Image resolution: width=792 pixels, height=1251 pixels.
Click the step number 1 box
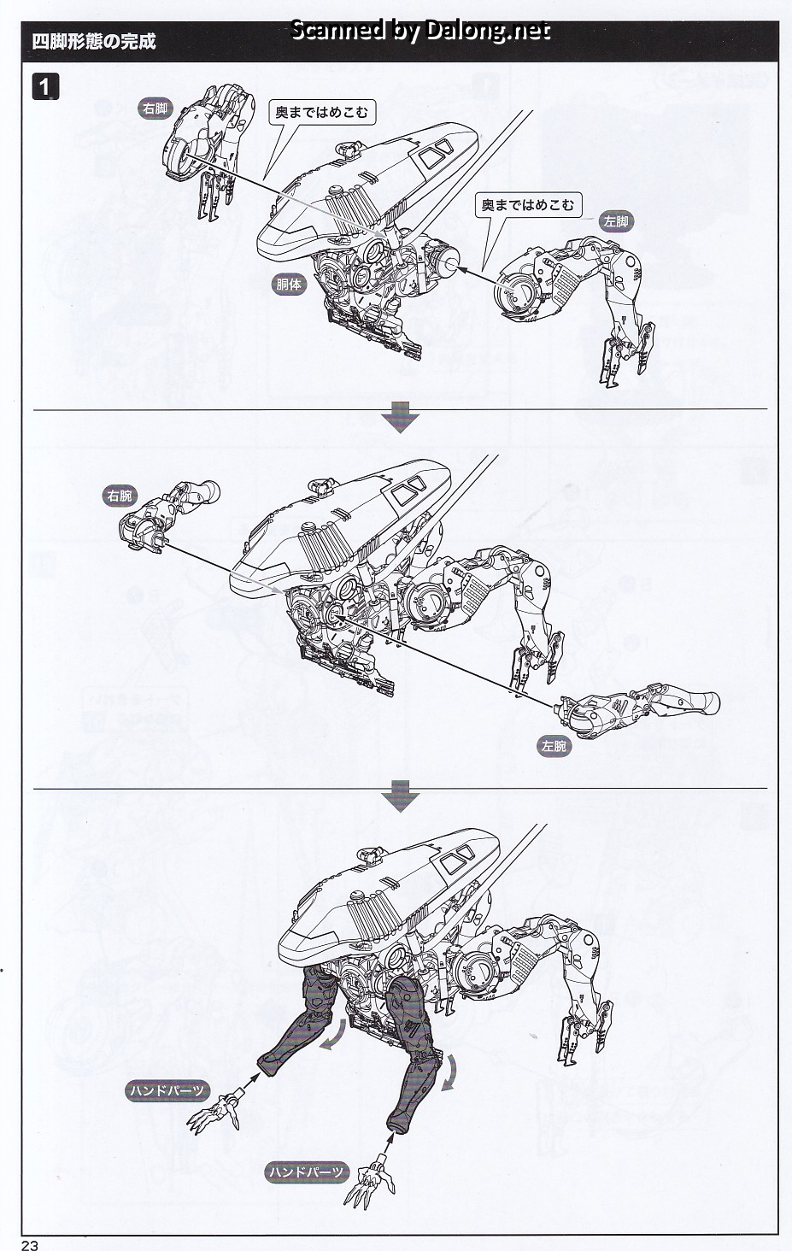click(x=45, y=87)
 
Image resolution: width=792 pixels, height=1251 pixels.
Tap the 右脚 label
click(x=155, y=109)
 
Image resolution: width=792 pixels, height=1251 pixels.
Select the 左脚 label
click(x=616, y=221)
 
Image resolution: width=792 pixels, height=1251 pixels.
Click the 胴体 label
click(x=289, y=285)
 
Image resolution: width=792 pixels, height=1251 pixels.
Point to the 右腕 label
click(x=120, y=496)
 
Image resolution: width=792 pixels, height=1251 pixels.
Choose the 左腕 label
click(x=554, y=746)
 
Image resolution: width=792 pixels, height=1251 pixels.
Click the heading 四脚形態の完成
click(x=94, y=42)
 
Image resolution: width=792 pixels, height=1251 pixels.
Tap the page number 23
click(x=30, y=1245)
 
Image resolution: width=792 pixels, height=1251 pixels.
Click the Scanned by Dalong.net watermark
click(x=420, y=31)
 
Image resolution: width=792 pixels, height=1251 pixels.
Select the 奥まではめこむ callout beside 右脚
click(x=322, y=113)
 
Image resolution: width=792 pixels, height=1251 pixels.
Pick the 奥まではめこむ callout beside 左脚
click(x=528, y=206)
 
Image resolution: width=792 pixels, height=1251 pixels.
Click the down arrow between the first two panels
click(x=401, y=417)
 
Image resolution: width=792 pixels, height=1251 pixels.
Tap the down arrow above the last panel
click(x=401, y=796)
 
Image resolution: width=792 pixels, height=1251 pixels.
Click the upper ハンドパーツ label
click(x=167, y=1090)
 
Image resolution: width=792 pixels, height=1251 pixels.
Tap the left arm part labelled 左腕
click(x=637, y=710)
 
